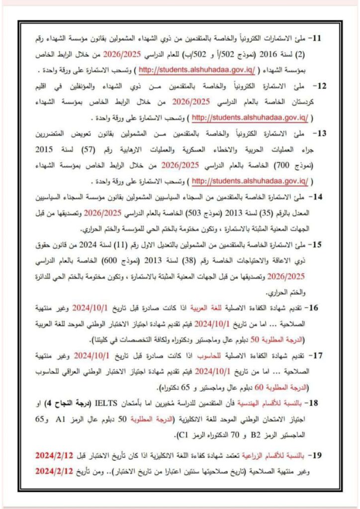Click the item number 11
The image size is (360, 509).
tap(317, 38)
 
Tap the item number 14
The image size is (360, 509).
tap(317, 197)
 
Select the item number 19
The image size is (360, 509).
tap(317, 456)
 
